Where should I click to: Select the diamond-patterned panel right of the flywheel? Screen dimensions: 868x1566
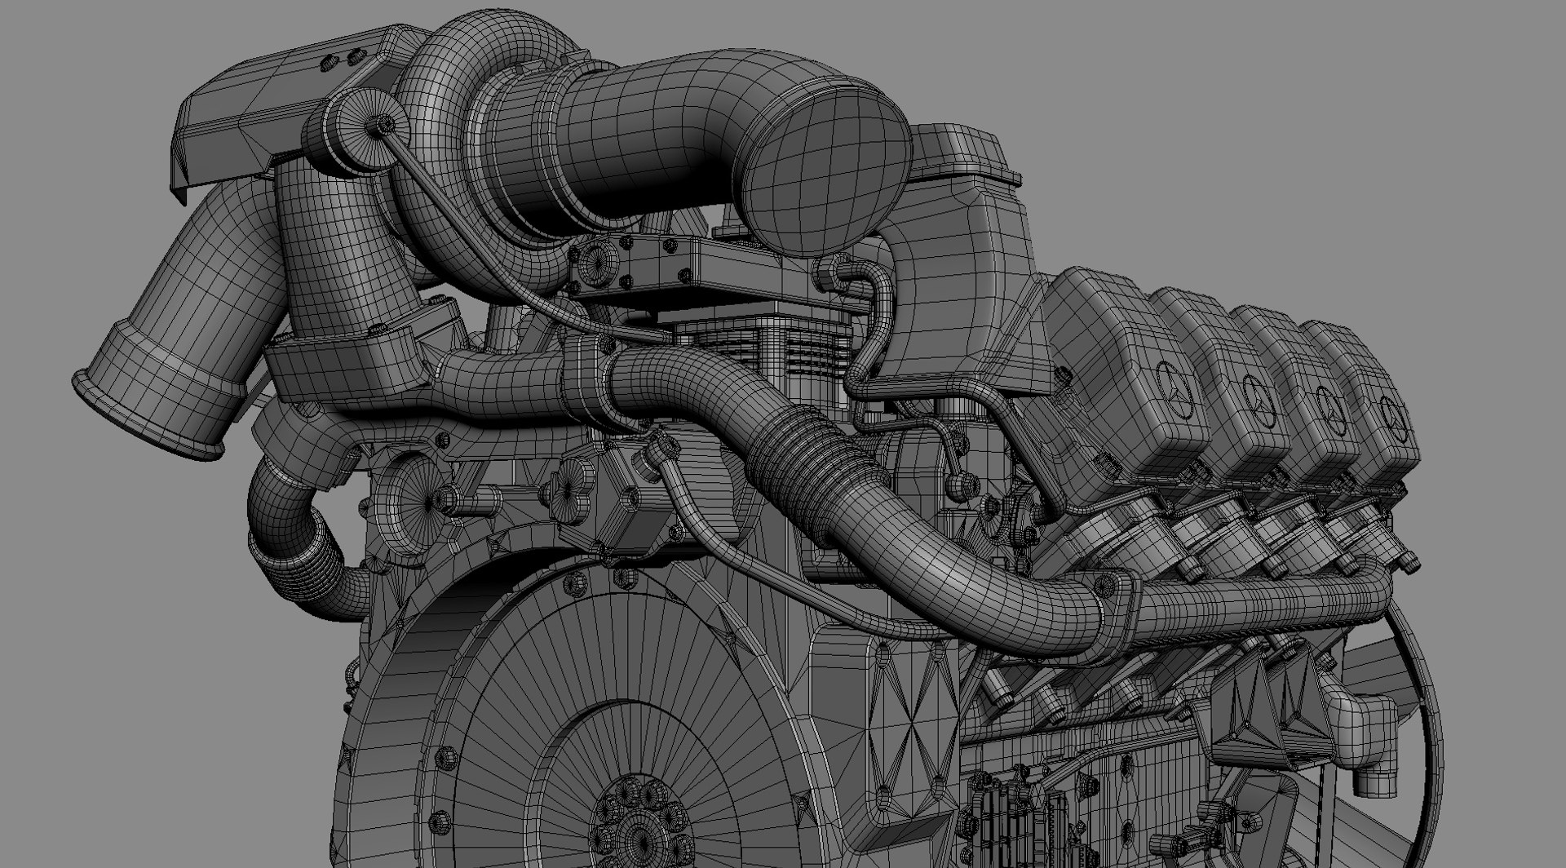[905, 718]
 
